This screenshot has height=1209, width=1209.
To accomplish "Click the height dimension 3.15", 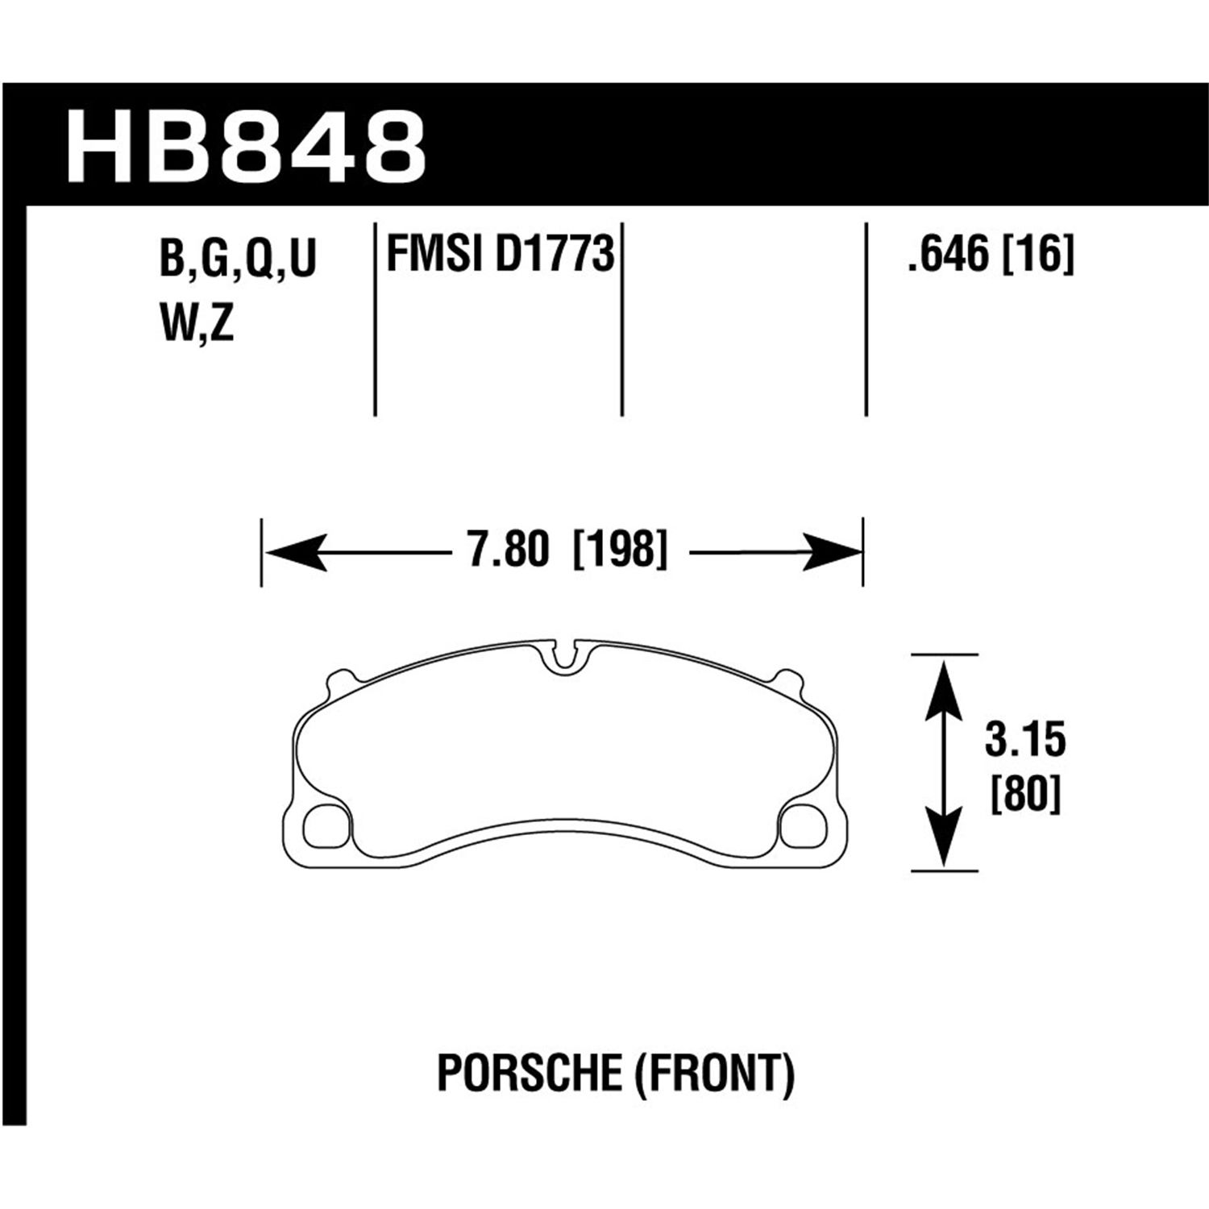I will click(1024, 741).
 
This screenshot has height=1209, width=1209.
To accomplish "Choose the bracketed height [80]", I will click(1024, 796).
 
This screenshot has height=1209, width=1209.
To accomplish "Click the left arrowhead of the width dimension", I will click(295, 553).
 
